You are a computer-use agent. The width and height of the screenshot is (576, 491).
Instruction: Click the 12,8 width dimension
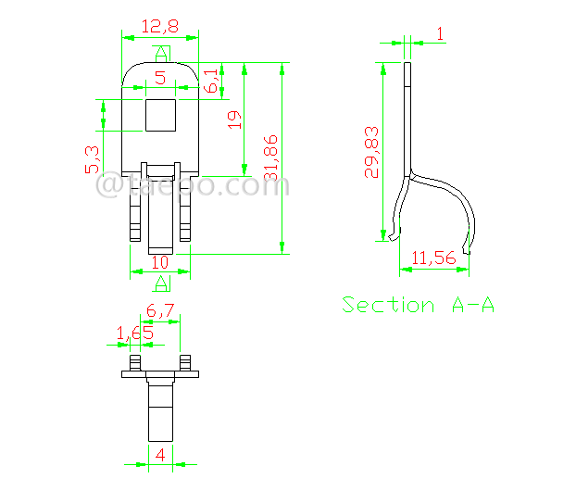click(159, 27)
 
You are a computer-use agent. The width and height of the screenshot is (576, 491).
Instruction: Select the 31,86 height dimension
click(269, 158)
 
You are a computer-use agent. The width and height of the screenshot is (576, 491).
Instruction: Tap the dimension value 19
click(234, 119)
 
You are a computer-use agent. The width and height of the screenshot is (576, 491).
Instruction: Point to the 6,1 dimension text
click(212, 80)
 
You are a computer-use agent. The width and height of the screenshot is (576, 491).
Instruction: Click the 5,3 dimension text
click(91, 159)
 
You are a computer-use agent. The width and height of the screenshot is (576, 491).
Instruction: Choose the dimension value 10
click(160, 262)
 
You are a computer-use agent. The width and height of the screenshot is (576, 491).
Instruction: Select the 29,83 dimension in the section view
click(371, 152)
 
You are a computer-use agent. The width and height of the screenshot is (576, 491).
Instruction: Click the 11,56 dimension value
click(433, 258)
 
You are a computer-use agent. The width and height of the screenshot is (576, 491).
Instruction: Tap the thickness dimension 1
click(439, 33)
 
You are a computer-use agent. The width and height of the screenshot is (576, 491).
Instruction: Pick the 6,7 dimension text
click(161, 312)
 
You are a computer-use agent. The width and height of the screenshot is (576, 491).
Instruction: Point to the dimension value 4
click(160, 454)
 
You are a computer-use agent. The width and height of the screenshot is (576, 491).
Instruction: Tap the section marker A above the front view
click(161, 52)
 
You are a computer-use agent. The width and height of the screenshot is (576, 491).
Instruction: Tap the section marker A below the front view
click(161, 282)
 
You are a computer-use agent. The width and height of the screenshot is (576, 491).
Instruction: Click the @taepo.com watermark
click(193, 185)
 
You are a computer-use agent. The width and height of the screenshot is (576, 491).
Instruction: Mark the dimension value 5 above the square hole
click(160, 78)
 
